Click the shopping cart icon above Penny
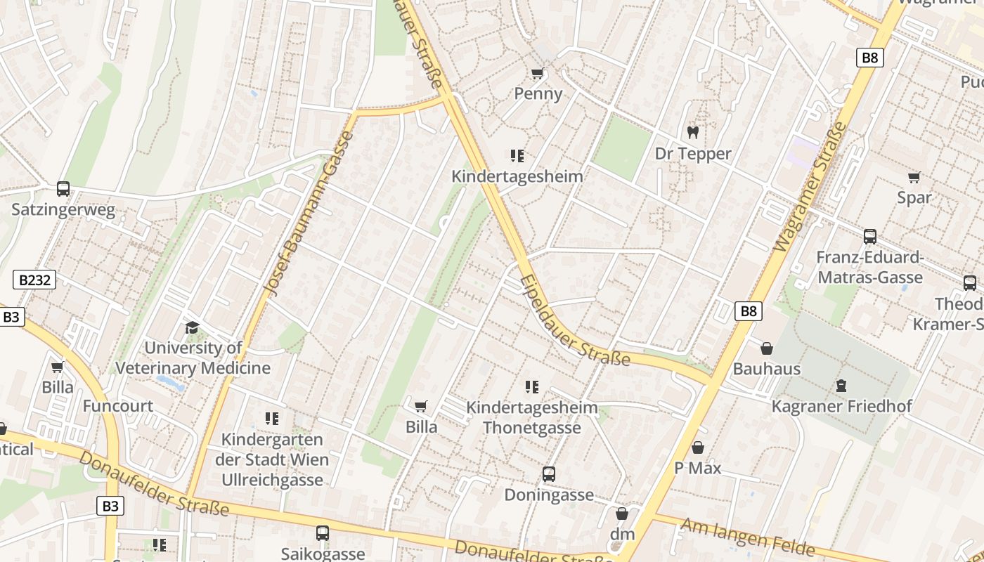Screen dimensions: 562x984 538,74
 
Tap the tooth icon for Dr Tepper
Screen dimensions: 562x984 692,132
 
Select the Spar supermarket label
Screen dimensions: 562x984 914,197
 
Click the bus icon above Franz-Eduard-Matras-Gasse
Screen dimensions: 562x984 869,237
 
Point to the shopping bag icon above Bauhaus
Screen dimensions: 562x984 767,348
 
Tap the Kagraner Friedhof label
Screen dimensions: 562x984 841,406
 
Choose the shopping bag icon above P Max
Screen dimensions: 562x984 698,447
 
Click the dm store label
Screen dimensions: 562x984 622,534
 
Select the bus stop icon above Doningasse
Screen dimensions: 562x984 549,474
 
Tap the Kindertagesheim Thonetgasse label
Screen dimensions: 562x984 532,417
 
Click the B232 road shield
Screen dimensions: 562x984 34,280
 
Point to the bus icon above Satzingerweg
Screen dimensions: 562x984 63,189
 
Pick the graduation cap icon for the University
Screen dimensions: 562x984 192,327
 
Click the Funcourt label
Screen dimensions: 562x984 118,406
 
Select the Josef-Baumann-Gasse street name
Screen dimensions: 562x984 309,214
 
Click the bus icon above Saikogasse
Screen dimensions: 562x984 323,533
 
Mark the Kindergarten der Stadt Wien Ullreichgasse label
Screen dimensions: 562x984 272,459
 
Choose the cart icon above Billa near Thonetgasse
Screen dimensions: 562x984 421,406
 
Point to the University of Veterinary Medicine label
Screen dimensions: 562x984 193,358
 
